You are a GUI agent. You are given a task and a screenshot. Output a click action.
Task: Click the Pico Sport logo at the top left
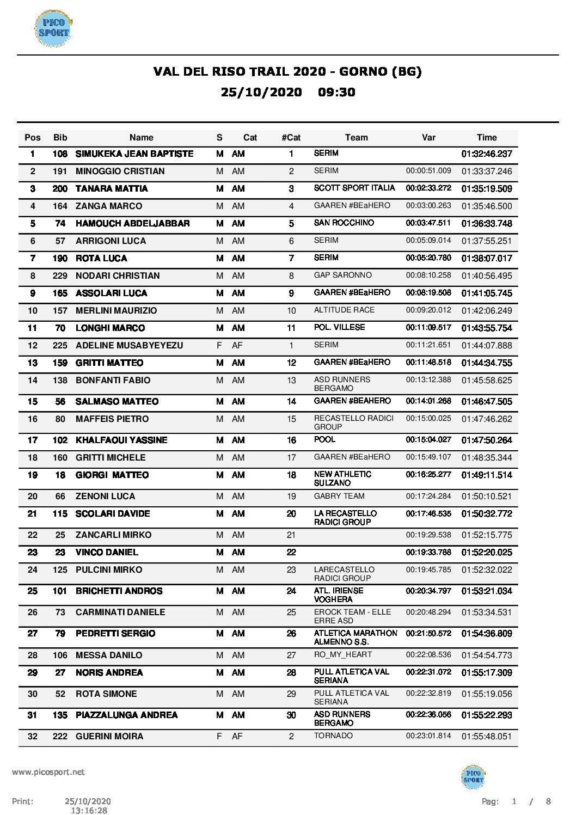[x=53, y=28]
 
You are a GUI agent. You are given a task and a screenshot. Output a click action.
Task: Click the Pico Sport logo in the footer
[x=473, y=776]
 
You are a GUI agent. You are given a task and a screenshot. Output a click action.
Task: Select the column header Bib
[x=60, y=138]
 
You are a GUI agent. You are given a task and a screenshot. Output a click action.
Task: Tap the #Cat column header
[x=291, y=138]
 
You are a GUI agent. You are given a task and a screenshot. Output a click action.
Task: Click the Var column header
[x=428, y=138]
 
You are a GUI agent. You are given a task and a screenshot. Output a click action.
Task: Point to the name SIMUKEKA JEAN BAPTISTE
[x=134, y=154]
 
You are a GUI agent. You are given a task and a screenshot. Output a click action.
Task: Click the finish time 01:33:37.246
[x=487, y=171]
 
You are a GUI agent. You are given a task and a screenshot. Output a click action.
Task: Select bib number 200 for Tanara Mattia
[x=60, y=189]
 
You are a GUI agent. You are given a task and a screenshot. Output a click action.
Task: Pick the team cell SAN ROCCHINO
[x=344, y=223]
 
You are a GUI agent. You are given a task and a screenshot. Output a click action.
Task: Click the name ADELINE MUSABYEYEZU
[x=129, y=346]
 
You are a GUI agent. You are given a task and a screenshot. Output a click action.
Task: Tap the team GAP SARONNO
[x=342, y=275]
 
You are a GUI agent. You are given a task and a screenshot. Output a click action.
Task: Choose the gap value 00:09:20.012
[x=428, y=310]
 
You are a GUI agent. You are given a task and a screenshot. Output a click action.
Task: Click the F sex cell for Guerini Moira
[x=219, y=737]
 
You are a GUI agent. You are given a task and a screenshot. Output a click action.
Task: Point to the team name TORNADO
[x=333, y=736]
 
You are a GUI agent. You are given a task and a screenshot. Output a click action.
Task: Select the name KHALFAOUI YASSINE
[x=121, y=440]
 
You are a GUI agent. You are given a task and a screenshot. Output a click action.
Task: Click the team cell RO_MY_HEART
[x=343, y=655]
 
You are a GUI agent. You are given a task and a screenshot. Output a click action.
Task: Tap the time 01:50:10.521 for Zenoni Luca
[x=487, y=497]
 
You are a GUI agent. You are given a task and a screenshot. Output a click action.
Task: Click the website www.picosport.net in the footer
[x=48, y=772]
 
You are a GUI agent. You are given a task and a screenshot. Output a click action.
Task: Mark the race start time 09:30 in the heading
[x=336, y=92]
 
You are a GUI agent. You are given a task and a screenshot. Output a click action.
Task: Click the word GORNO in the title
[x=362, y=71]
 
